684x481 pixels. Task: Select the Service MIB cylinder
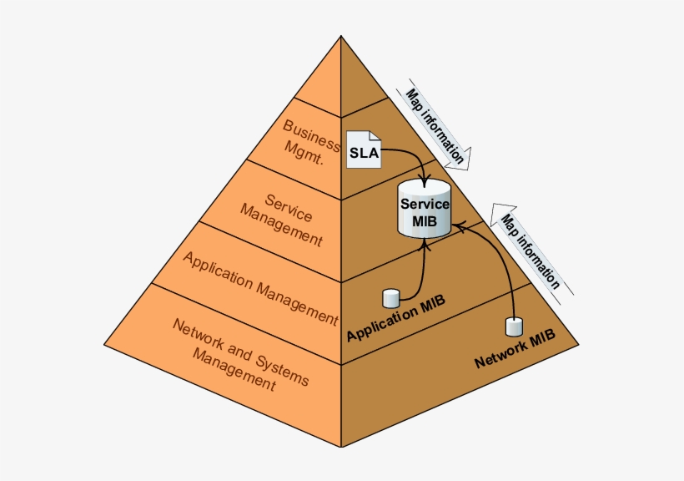click(x=425, y=209)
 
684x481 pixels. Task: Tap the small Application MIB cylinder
click(x=391, y=299)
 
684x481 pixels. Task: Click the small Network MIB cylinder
click(x=515, y=327)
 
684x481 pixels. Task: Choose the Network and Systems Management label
click(x=239, y=354)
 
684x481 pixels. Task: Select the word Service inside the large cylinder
click(x=425, y=204)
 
